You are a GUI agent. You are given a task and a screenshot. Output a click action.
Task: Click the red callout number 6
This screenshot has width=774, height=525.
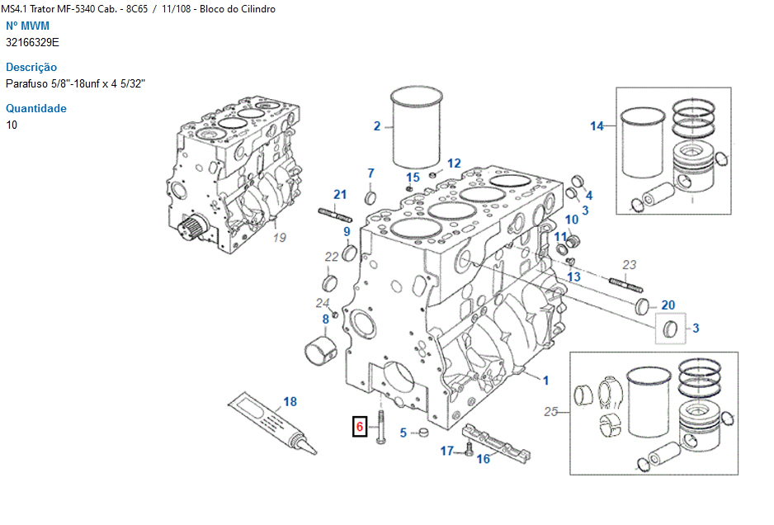(x=359, y=427)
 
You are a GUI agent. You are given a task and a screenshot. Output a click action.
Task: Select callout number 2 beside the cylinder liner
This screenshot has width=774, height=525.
(x=377, y=126)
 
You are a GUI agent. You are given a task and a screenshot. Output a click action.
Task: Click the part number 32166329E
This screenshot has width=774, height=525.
(x=32, y=41)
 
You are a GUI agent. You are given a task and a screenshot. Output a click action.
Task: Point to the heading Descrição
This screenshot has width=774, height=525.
(x=31, y=67)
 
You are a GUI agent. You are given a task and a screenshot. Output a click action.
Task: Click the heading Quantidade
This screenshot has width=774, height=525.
(x=36, y=108)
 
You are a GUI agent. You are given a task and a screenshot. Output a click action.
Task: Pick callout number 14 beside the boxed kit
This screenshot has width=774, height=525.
(x=597, y=126)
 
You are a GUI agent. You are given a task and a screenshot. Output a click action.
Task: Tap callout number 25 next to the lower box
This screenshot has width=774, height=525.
(x=551, y=411)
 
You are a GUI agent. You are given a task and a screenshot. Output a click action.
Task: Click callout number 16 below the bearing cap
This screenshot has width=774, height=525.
(x=484, y=459)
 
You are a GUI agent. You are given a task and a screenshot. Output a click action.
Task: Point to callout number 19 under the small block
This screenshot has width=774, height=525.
(x=279, y=238)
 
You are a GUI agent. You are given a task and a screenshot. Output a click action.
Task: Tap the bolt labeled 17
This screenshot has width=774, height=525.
(x=469, y=449)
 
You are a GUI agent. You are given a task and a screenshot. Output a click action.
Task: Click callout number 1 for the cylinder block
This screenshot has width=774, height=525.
(x=545, y=381)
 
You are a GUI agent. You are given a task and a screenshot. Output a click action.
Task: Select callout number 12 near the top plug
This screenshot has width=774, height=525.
(x=454, y=163)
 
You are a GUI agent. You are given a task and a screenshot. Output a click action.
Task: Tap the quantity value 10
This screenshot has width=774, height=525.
(x=12, y=125)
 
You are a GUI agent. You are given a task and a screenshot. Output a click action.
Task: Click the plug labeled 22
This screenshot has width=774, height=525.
(x=331, y=284)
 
